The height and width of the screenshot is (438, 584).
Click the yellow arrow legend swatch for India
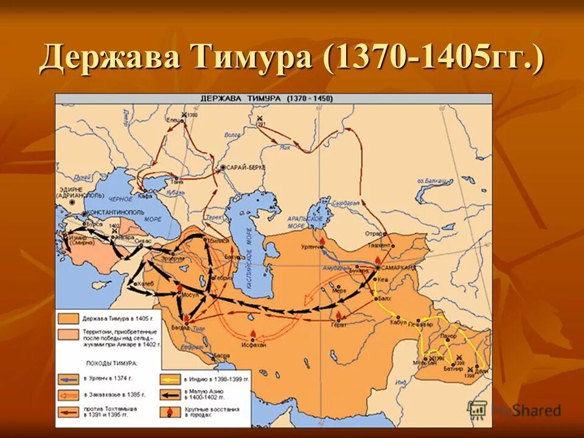(170, 378)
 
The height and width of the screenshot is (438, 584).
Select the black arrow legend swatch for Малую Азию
(170, 394)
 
